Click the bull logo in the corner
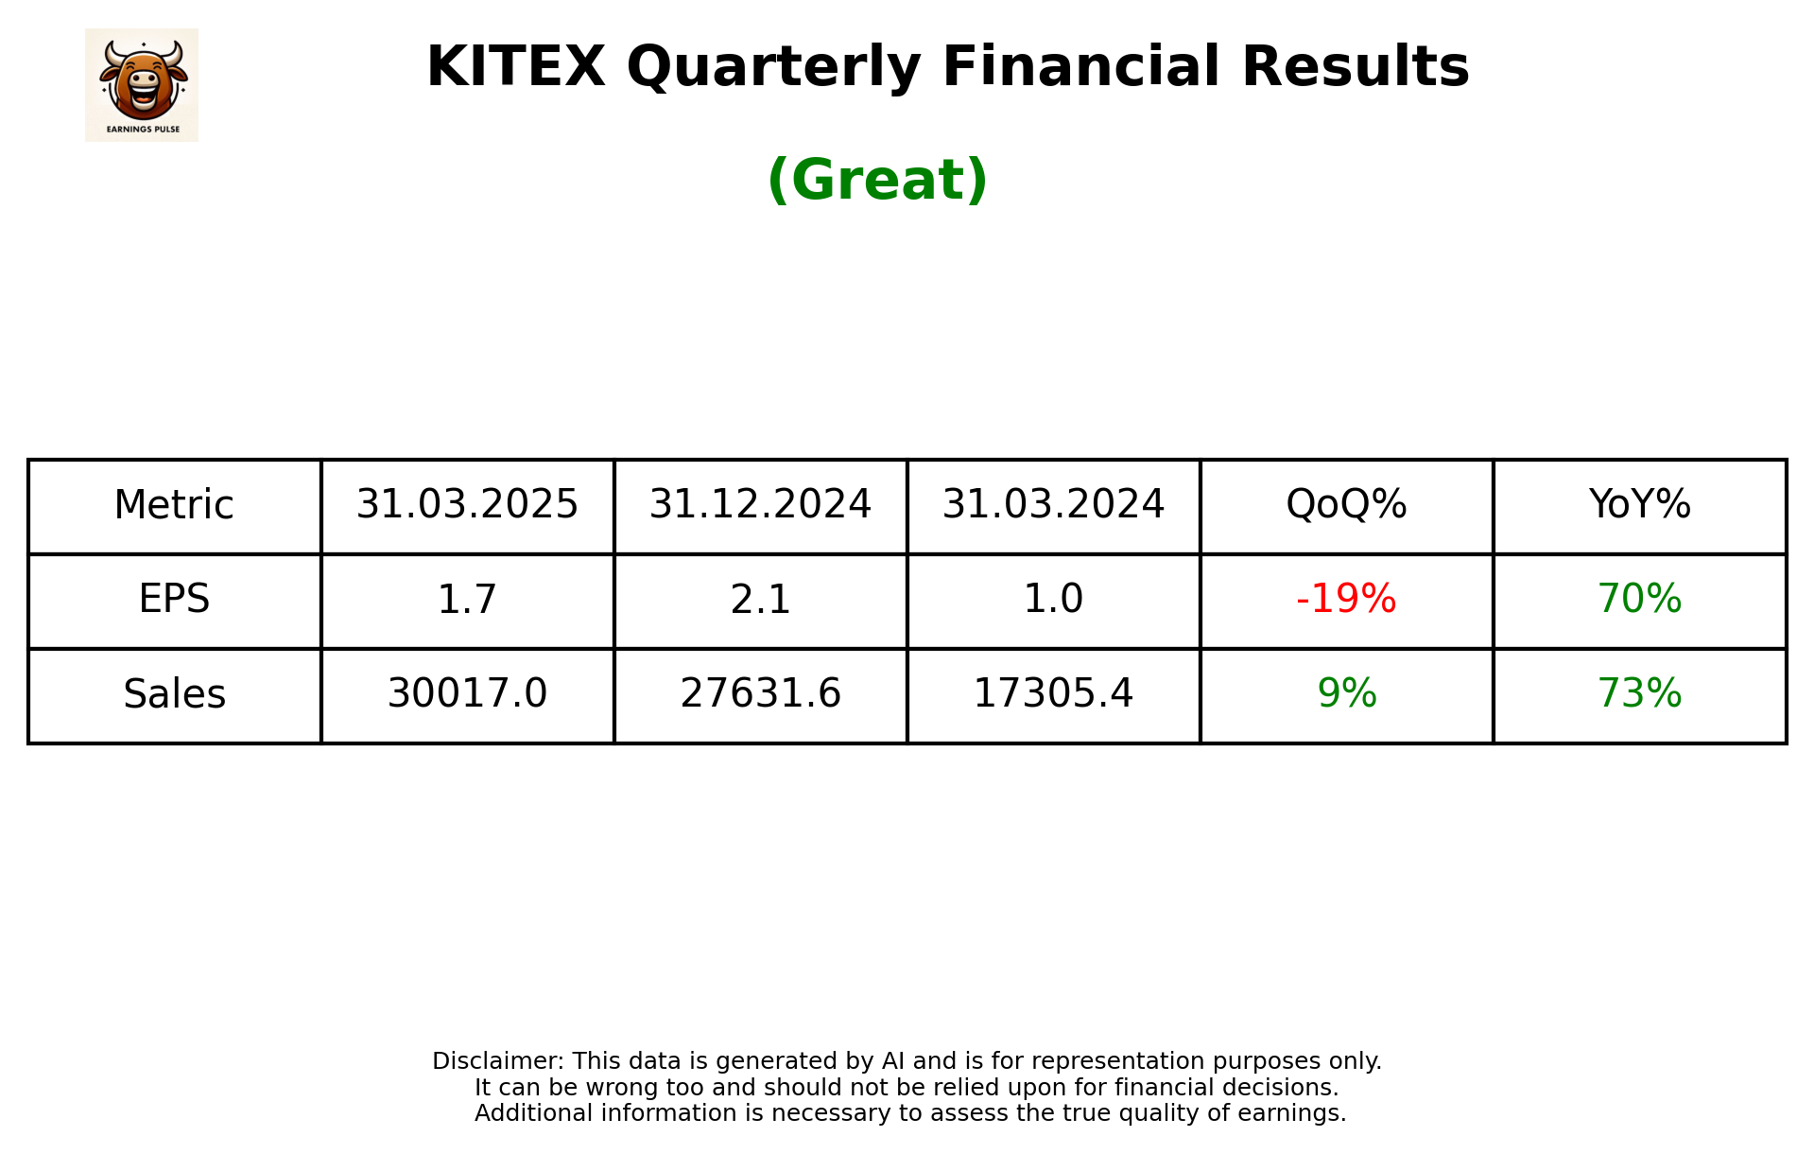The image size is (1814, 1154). (142, 84)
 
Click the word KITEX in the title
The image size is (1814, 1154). (515, 67)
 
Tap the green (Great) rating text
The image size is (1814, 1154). (877, 180)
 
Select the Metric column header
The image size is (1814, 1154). (174, 505)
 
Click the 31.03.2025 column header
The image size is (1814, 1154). (467, 505)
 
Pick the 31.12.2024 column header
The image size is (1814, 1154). (760, 505)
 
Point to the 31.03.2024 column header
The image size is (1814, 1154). (1053, 505)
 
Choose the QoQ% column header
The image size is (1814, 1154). (1346, 505)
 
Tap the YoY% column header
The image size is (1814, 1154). (1639, 505)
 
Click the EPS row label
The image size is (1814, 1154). (174, 600)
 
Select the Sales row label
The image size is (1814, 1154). (174, 694)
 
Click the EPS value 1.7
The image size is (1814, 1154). (467, 600)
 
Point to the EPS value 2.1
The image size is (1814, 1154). (760, 600)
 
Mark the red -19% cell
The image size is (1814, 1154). (1346, 600)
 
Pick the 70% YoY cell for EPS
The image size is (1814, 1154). (1639, 600)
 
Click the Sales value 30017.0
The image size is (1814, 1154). (467, 694)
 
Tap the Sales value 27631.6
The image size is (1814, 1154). (760, 694)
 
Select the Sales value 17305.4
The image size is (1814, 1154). (1053, 694)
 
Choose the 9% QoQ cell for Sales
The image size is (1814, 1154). (1346, 694)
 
